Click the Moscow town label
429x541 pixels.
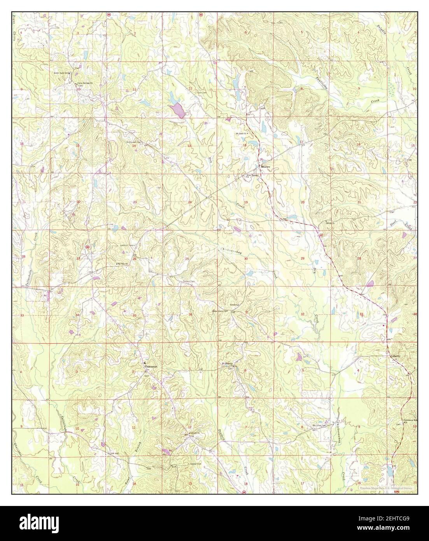pyautogui.click(x=266, y=167)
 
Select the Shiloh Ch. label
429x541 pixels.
pyautogui.click(x=330, y=223)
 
